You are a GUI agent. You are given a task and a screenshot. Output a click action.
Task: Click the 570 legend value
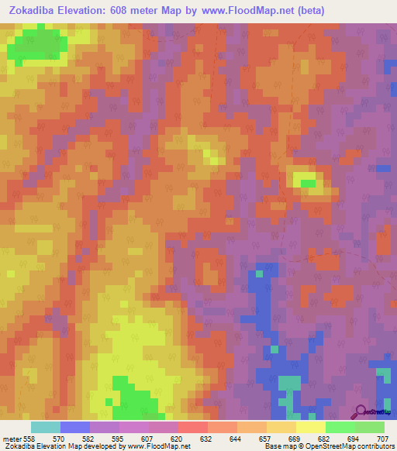pyautogui.click(x=58, y=439)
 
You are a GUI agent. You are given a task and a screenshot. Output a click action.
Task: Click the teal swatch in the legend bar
pyautogui.click(x=46, y=427)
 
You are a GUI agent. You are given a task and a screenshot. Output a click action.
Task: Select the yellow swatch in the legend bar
pyautogui.click(x=310, y=427)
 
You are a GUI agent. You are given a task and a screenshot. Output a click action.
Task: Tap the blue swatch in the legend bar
pyautogui.click(x=75, y=427)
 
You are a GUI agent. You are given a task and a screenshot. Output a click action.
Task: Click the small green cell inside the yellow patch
pyautogui.click(x=308, y=183)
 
